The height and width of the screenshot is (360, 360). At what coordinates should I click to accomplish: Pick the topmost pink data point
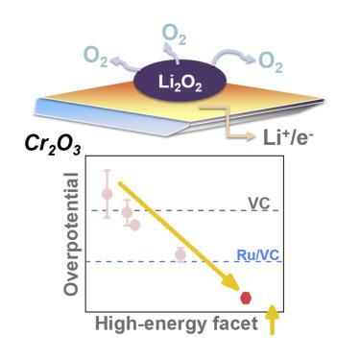tap(108, 193)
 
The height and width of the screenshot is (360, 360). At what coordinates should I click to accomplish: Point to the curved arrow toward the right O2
tap(235, 58)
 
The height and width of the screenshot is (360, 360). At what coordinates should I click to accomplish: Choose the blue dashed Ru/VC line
tap(144, 261)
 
